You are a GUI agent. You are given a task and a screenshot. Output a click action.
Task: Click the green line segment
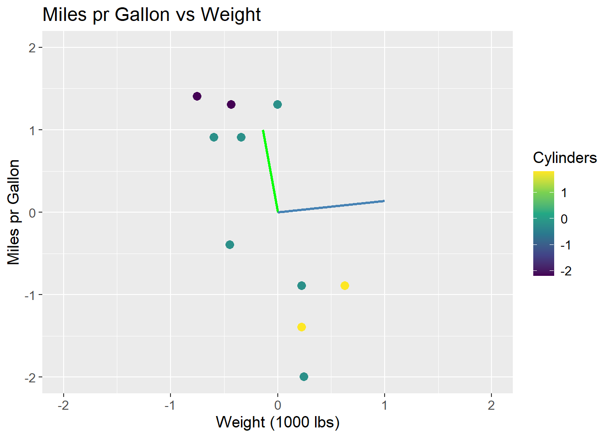270,171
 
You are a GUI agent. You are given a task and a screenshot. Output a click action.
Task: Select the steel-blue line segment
331,206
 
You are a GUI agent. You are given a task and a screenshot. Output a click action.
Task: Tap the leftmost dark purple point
197,96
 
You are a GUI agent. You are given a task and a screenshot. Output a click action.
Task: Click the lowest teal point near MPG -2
304,376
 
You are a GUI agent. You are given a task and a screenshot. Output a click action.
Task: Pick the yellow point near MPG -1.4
301,327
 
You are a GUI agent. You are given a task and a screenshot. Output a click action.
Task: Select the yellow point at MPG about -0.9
345,285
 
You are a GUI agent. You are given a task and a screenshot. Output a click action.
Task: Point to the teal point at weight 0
277,104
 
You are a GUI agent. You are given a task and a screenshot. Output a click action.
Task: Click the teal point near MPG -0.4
230,244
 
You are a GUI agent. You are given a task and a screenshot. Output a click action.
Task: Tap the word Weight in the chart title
230,15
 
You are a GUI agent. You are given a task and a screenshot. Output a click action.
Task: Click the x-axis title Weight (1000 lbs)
277,422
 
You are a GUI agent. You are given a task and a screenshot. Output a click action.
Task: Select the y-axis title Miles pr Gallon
14,212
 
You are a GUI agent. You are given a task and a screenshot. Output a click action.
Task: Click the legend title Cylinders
565,158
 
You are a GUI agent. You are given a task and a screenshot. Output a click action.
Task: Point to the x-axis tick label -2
63,405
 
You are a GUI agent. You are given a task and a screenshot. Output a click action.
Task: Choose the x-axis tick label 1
385,405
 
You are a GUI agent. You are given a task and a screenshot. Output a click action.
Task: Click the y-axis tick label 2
32,47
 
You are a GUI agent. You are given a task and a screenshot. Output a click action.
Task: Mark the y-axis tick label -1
30,295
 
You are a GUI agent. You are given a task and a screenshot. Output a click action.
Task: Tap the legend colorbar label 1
564,193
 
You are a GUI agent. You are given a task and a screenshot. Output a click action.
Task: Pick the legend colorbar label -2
566,271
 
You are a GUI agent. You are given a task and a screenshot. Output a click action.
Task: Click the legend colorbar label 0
564,219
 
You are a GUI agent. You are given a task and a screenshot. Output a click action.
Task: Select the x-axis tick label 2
491,405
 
